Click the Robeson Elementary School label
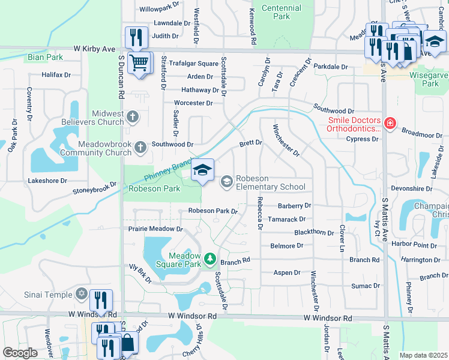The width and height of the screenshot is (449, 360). pos(270,182)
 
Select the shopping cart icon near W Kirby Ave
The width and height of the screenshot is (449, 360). pos(139,62)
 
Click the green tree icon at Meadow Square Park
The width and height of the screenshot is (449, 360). pos(209,259)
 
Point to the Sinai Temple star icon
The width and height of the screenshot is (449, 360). pos(82,293)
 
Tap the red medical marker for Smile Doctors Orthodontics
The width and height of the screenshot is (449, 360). pos(390,124)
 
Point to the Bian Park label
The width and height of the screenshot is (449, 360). pos(45,58)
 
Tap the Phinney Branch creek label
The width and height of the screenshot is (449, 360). pos(167,171)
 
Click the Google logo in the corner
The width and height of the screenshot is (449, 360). pos(20,353)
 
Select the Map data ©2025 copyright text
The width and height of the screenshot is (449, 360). pos(423,355)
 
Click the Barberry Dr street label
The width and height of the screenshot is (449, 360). pos(294,205)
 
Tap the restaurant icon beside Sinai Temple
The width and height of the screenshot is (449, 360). pos(101,300)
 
